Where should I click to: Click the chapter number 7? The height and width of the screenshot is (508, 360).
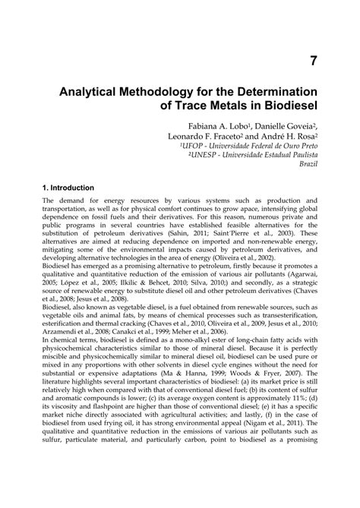(x=311, y=62)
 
